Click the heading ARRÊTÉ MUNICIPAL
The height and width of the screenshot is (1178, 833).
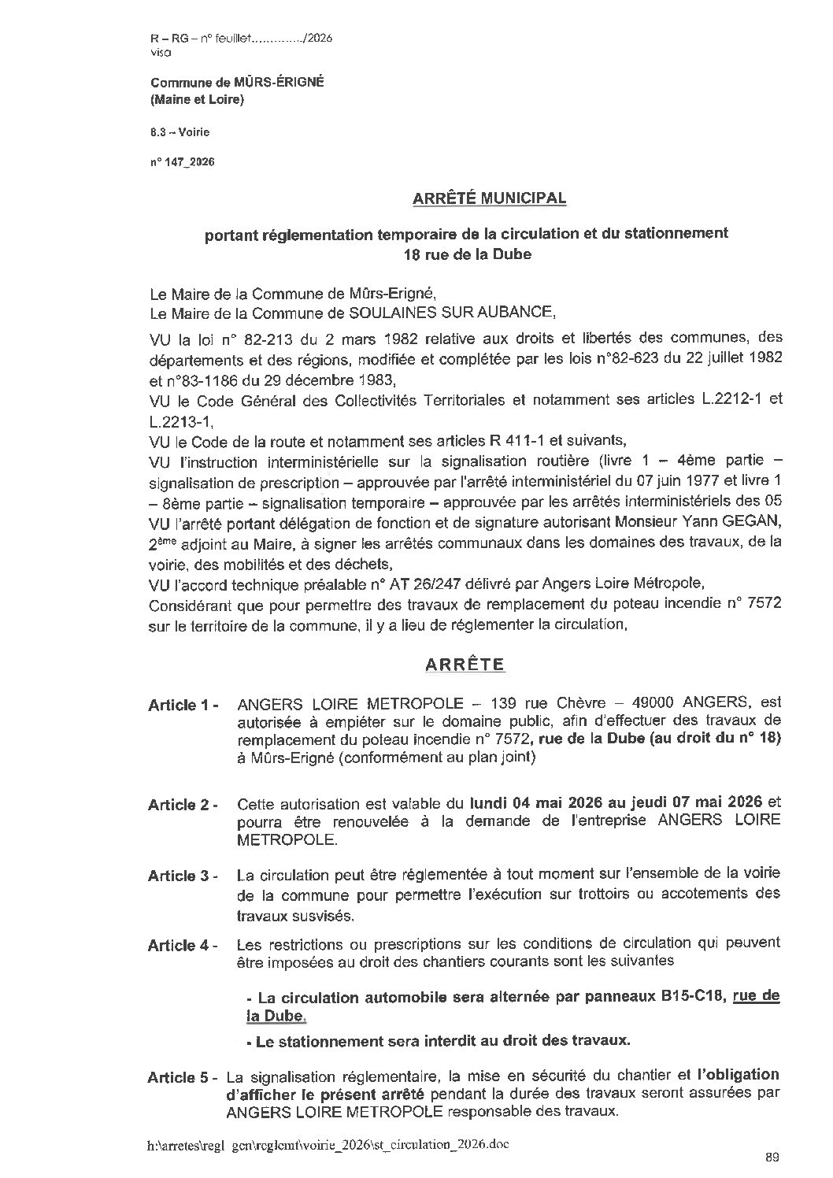pyautogui.click(x=489, y=198)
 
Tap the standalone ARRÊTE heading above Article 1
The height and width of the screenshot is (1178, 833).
pyautogui.click(x=465, y=664)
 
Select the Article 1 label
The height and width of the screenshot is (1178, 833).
pyautogui.click(x=183, y=706)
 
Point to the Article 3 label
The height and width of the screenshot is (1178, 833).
pyautogui.click(x=183, y=876)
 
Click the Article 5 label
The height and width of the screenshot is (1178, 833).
pyautogui.click(x=183, y=1078)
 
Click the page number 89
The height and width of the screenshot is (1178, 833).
pyautogui.click(x=771, y=1157)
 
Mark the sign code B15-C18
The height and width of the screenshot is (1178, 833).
pyautogui.click(x=690, y=997)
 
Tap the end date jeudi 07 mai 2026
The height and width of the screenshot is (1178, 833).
pyautogui.click(x=688, y=803)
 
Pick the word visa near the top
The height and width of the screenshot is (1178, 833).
pyautogui.click(x=159, y=53)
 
